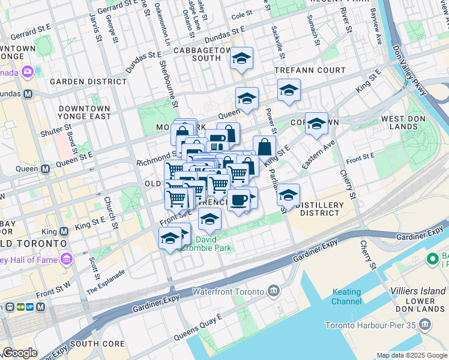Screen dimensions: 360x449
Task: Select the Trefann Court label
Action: [x=310, y=70]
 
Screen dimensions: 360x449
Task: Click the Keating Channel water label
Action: [x=346, y=296]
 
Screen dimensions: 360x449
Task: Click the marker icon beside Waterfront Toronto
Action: [x=274, y=292]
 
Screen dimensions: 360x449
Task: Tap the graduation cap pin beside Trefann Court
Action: [x=289, y=91]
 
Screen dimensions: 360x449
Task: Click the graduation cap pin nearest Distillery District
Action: [x=288, y=195]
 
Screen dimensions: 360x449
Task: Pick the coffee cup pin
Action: [x=238, y=199]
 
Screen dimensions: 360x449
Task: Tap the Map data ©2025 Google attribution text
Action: [x=412, y=355]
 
